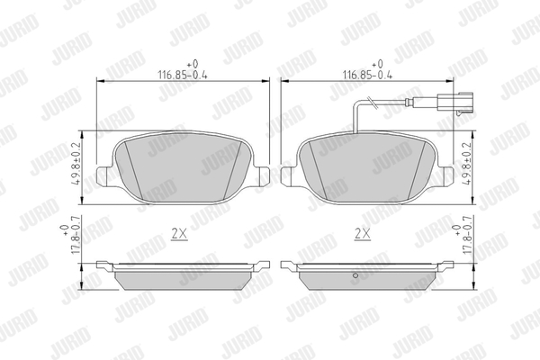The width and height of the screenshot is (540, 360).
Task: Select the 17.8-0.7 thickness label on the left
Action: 71,235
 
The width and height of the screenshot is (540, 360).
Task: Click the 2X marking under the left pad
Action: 179,234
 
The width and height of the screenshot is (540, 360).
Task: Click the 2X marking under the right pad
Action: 363,234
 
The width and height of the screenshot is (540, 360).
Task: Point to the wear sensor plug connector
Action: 454,103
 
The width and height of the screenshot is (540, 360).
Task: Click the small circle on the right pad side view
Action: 355,275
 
